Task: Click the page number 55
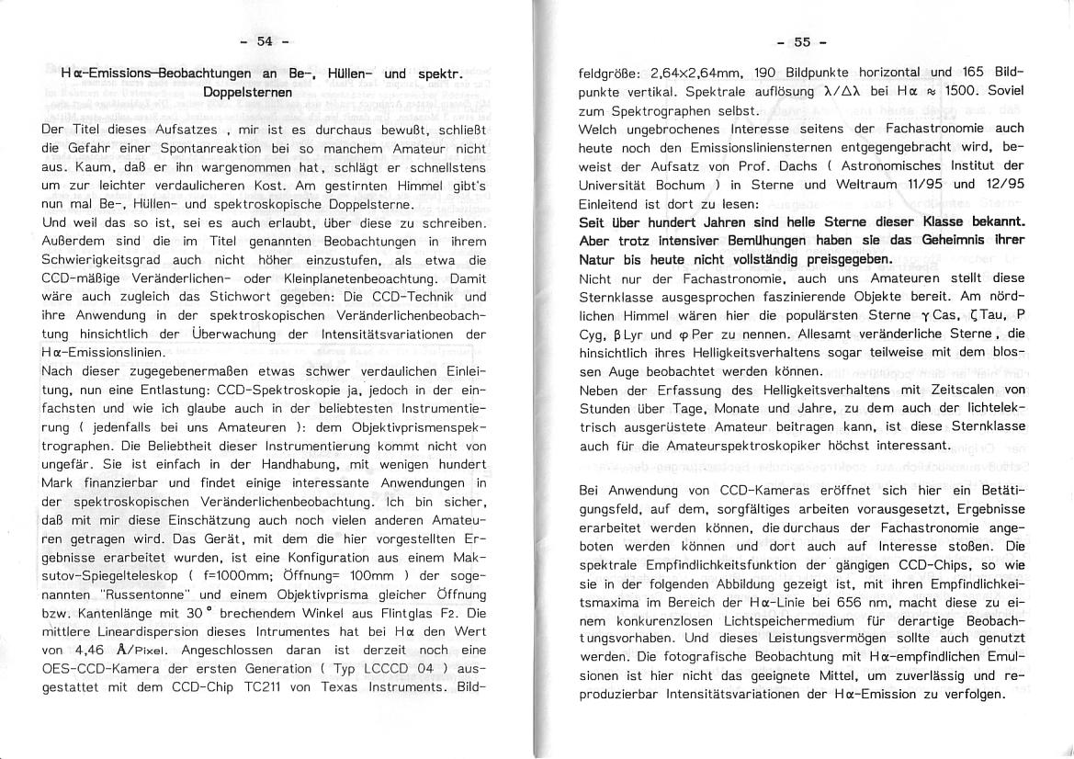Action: click(801, 41)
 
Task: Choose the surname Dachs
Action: click(797, 165)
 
